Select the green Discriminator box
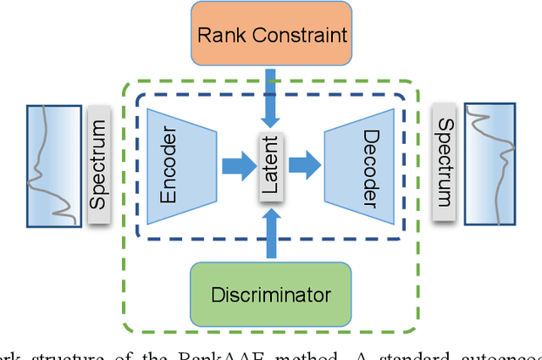[271, 295]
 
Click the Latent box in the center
[270, 167]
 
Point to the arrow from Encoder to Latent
[237, 167]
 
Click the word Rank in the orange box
[218, 36]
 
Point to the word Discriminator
[271, 295]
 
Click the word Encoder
[169, 167]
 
